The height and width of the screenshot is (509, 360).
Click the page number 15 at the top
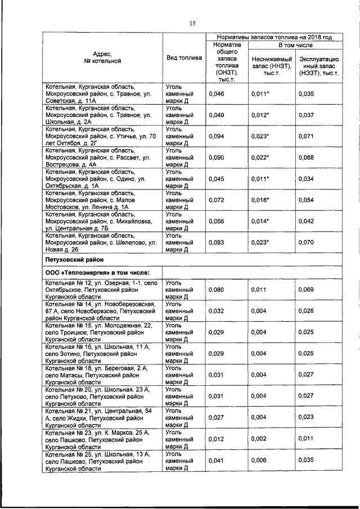pos(191,23)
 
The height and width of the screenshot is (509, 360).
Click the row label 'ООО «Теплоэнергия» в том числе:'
pos(93,273)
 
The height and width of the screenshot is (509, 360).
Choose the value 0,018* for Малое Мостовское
pos(260,200)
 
